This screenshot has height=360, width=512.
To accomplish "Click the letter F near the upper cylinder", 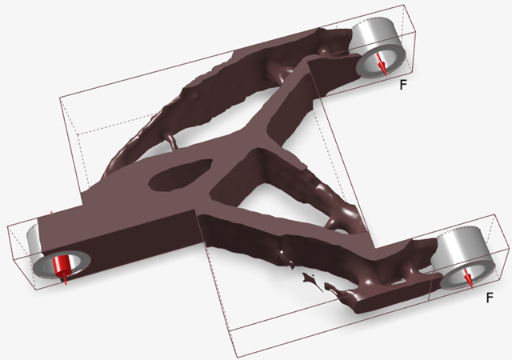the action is (403, 85).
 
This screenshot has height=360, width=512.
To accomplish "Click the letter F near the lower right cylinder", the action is (490, 298).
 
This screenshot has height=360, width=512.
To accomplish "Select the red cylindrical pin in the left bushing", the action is (62, 265).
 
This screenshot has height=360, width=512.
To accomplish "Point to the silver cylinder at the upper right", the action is (378, 48).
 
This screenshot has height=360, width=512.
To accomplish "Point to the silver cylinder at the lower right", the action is (464, 259).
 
